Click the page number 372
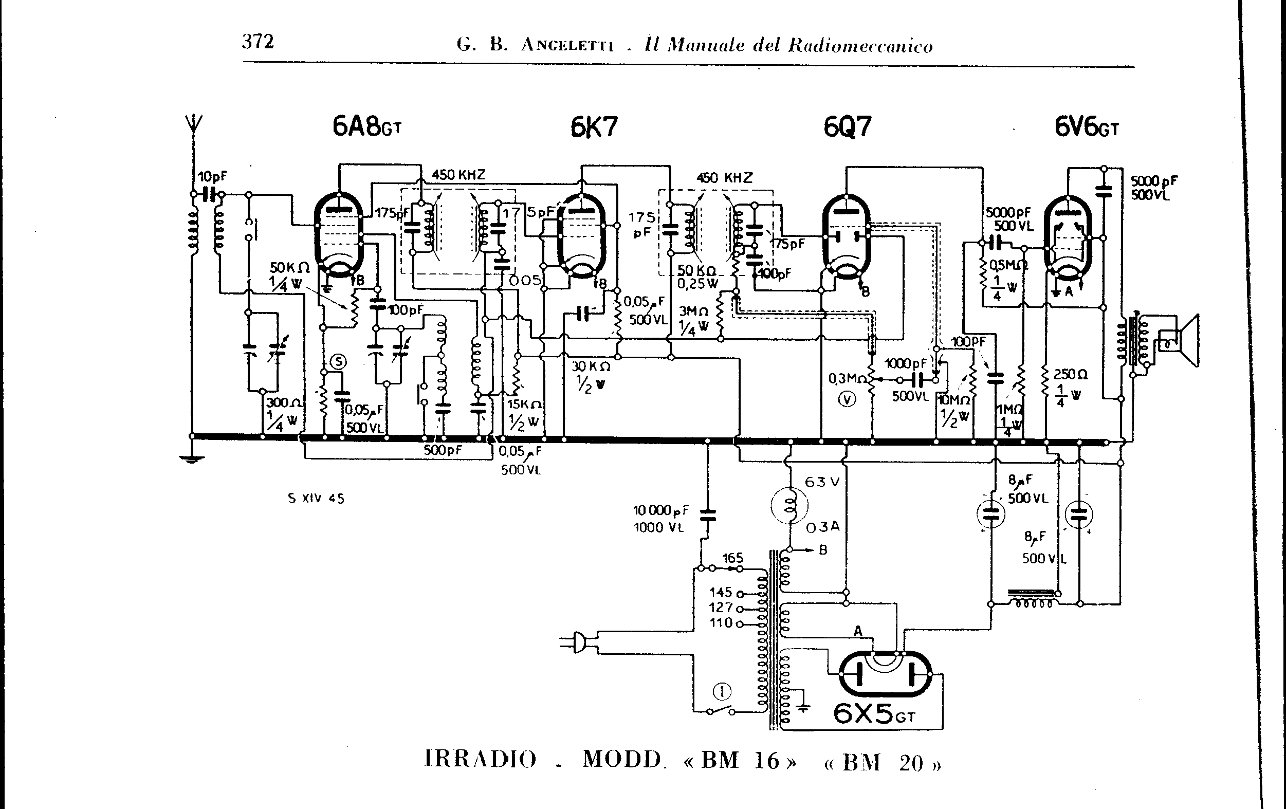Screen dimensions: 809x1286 258,42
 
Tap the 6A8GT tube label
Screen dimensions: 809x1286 366,127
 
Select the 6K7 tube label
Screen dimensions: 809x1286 594,127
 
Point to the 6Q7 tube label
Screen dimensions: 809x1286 847,127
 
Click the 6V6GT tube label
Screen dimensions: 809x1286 1086,127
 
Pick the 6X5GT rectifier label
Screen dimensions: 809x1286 874,713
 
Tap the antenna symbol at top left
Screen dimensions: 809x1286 193,125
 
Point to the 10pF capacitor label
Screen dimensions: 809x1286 212,177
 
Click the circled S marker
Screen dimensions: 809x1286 339,362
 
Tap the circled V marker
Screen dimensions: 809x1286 847,399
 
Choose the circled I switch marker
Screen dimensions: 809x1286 722,692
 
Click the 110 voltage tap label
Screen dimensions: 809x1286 721,622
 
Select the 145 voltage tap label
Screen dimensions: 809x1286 721,592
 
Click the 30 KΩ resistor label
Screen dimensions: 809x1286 591,367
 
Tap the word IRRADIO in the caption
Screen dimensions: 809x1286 481,759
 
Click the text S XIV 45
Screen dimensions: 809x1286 316,499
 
